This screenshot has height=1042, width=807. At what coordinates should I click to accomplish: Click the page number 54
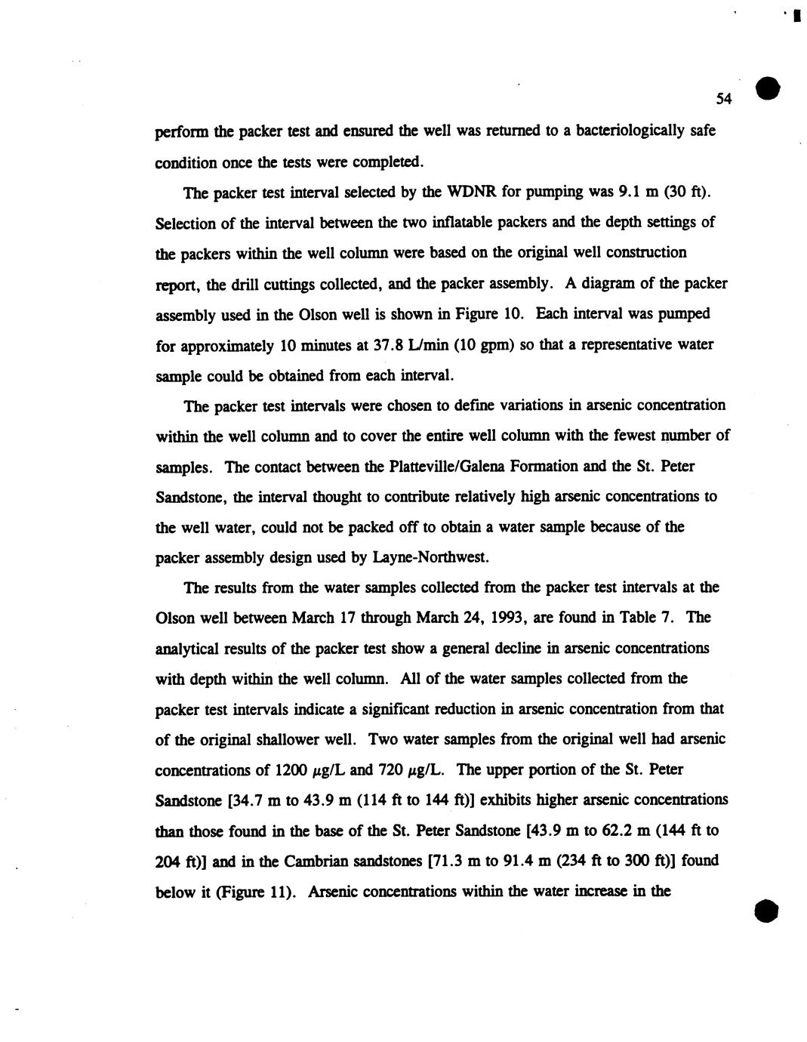[724, 99]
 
